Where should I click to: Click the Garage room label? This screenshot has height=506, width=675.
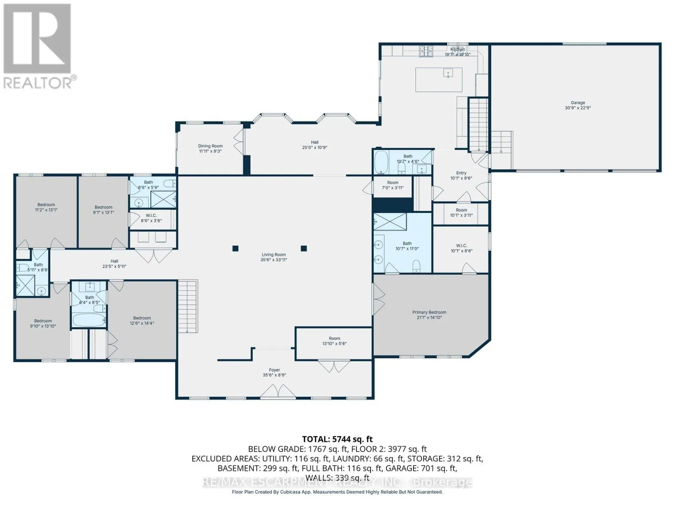(x=578, y=102)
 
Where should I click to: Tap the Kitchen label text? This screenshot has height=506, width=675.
(x=457, y=49)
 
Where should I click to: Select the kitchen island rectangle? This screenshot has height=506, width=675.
(x=439, y=80)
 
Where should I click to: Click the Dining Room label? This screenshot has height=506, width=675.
(x=210, y=146)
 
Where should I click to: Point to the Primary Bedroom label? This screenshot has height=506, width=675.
(x=429, y=312)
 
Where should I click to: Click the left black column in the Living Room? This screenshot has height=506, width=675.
(x=235, y=248)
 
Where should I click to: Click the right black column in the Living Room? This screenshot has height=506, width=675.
(x=303, y=248)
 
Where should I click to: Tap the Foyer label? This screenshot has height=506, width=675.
(x=274, y=370)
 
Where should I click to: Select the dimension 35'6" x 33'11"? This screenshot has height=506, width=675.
(x=274, y=260)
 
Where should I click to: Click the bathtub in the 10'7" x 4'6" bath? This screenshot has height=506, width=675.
(x=381, y=162)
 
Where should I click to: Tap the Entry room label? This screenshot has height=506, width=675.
(x=461, y=173)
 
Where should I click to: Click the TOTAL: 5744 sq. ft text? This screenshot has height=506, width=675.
(x=337, y=439)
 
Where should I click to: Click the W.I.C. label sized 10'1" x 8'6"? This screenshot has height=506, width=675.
(x=462, y=245)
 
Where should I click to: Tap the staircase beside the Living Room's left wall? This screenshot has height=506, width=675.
(x=187, y=306)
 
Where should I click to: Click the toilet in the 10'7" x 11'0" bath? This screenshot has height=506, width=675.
(x=416, y=265)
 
